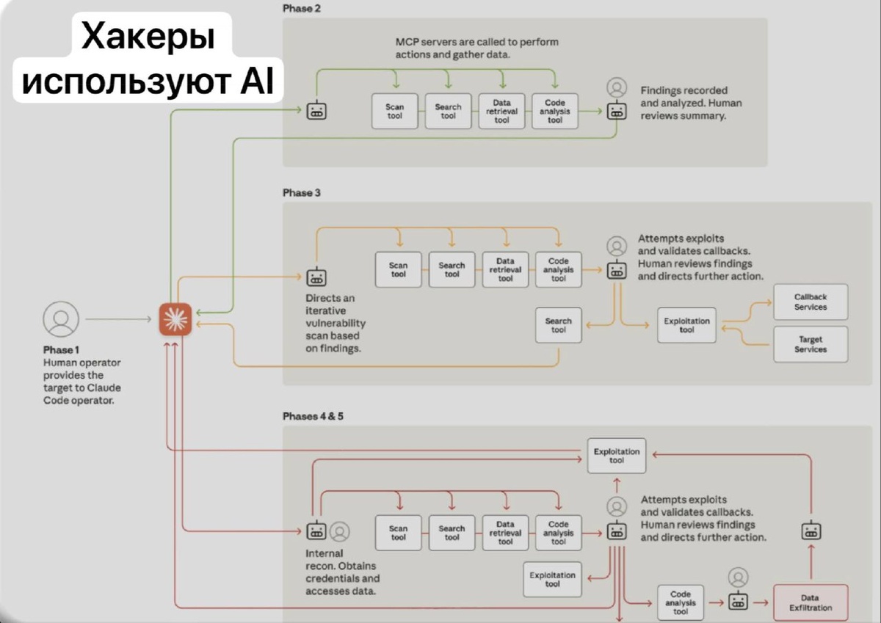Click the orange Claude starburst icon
(x=175, y=319)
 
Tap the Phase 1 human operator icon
(x=61, y=319)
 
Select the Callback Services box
(x=811, y=302)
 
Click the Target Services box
(x=811, y=344)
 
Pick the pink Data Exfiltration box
(x=811, y=602)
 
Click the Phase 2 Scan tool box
(x=394, y=112)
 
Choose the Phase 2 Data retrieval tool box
(x=501, y=112)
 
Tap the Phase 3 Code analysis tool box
(x=559, y=269)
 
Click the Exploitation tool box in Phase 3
(x=686, y=325)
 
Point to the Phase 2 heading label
(x=302, y=9)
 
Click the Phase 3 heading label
(x=302, y=192)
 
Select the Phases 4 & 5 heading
(x=313, y=416)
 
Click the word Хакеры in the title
(x=148, y=37)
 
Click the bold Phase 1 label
(x=61, y=350)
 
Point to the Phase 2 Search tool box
(x=448, y=112)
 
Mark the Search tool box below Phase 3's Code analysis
(x=559, y=325)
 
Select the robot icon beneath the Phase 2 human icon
(x=617, y=111)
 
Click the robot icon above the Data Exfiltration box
(x=811, y=531)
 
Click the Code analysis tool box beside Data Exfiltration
(x=681, y=602)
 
